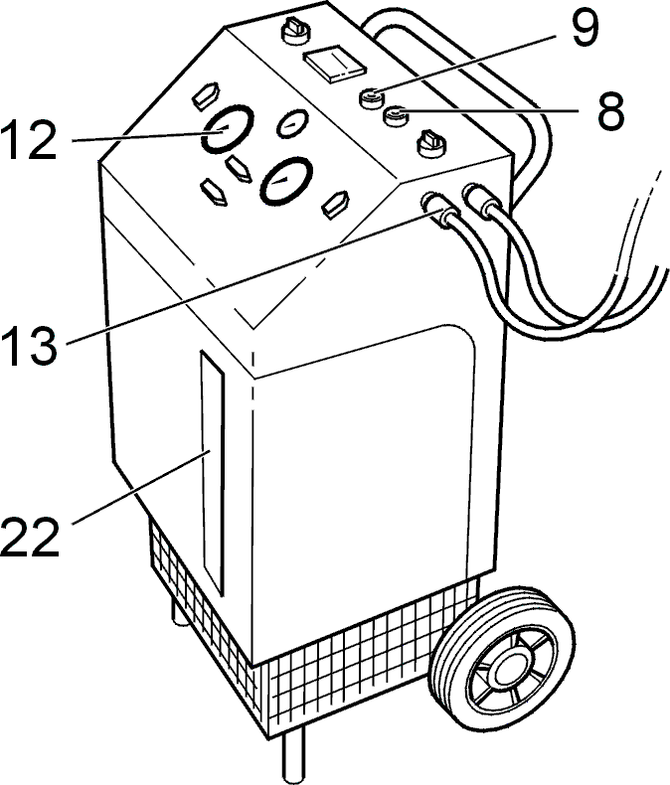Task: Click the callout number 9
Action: click(582, 29)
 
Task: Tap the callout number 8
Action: click(611, 110)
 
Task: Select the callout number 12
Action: click(29, 141)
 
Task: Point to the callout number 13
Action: click(29, 346)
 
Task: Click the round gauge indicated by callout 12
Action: click(228, 128)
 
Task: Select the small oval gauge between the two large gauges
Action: click(293, 123)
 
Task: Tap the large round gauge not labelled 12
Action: click(287, 181)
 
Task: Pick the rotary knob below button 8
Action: click(430, 144)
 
